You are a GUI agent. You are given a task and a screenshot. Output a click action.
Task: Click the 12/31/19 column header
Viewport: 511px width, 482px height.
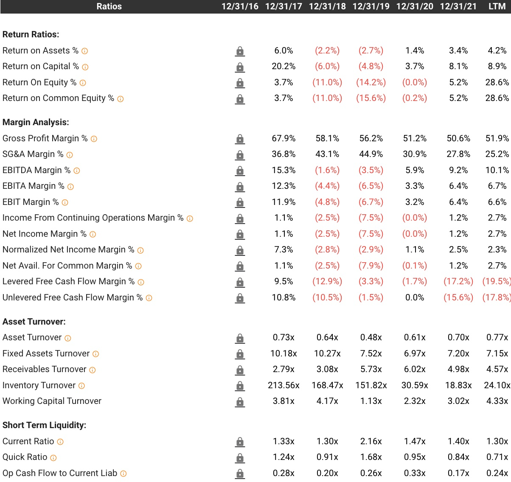tap(371, 6)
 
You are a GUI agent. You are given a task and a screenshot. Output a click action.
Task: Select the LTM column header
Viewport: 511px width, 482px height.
tap(497, 6)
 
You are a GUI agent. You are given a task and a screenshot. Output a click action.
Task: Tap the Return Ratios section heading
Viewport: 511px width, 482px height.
tap(31, 34)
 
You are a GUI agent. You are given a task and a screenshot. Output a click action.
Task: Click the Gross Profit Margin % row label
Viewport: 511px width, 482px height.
tap(45, 138)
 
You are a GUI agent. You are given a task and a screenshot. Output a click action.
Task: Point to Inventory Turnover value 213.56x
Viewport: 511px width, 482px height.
tap(284, 385)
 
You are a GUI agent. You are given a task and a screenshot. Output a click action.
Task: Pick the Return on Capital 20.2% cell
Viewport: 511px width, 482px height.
tap(284, 66)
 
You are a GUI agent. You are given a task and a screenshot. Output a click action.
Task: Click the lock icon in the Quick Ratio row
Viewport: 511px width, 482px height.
tap(240, 457)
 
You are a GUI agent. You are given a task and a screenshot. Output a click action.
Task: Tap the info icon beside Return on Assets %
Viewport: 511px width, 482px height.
tap(85, 51)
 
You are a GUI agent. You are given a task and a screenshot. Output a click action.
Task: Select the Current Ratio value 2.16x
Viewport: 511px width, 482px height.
tap(371, 441)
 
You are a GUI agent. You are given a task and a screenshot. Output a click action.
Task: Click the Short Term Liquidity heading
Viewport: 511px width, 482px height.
tap(45, 425)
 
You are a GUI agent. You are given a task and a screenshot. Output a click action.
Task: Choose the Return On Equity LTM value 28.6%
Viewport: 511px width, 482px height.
tap(497, 82)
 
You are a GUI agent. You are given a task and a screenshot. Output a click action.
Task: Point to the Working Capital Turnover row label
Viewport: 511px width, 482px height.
tap(52, 401)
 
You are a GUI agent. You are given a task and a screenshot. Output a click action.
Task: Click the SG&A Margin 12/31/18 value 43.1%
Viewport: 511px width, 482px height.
tap(327, 154)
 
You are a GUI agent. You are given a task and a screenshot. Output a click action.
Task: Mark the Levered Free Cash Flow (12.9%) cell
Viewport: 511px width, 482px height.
tap(327, 281)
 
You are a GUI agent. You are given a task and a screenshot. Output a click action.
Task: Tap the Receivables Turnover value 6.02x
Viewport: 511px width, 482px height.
tap(415, 369)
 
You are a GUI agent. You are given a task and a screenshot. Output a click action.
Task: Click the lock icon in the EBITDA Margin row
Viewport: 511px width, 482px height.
tap(240, 171)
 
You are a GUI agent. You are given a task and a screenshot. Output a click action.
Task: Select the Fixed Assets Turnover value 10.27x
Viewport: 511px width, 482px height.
tap(327, 353)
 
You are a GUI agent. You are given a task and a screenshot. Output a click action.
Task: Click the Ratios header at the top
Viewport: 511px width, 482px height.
tap(109, 6)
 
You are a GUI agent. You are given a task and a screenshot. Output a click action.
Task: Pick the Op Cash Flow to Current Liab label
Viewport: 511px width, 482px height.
tap(60, 473)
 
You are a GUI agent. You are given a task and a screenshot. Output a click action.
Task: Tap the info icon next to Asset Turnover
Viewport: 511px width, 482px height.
tap(68, 338)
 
